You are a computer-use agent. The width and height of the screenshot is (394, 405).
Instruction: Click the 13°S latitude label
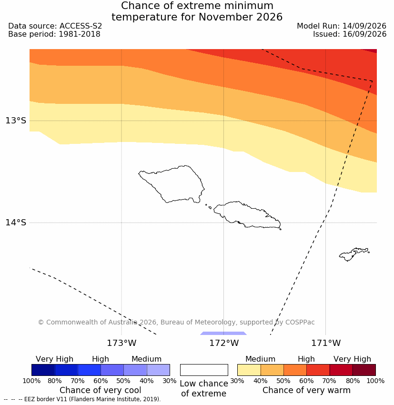pos(16,121)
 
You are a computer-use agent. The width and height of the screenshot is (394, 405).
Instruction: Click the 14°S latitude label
pos(16,223)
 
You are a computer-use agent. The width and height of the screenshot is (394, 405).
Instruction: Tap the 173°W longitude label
pos(121,343)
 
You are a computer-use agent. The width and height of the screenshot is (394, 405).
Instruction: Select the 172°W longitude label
pos(223,343)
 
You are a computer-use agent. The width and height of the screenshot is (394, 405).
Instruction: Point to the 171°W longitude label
pos(326,343)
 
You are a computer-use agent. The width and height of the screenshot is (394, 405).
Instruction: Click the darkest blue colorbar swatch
pos(43,370)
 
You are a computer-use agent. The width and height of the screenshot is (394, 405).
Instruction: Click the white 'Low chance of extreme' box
pos(204,370)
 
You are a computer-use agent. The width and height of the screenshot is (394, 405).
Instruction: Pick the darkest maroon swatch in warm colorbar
pos(364,370)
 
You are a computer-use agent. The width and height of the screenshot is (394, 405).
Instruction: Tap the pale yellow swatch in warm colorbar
pos(249,370)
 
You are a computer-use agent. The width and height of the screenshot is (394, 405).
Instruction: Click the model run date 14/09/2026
pos(364,26)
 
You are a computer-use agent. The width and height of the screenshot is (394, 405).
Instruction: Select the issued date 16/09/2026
pos(364,34)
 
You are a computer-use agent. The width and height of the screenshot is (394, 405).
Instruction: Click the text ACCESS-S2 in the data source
pos(81,26)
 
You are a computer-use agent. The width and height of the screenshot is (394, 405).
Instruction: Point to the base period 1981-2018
pos(80,34)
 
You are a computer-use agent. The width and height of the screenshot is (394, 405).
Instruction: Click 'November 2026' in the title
pos(241,17)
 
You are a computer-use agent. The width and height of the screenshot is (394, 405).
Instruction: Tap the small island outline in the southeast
pos(354,254)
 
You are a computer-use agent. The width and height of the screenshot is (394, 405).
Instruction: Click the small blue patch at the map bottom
pos(223,333)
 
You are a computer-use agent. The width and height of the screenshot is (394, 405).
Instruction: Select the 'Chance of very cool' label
pos(101,390)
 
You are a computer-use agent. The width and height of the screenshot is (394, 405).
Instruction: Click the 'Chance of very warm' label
pos(306,390)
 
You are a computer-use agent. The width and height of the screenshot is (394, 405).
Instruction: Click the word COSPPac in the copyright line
pos(300,323)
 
